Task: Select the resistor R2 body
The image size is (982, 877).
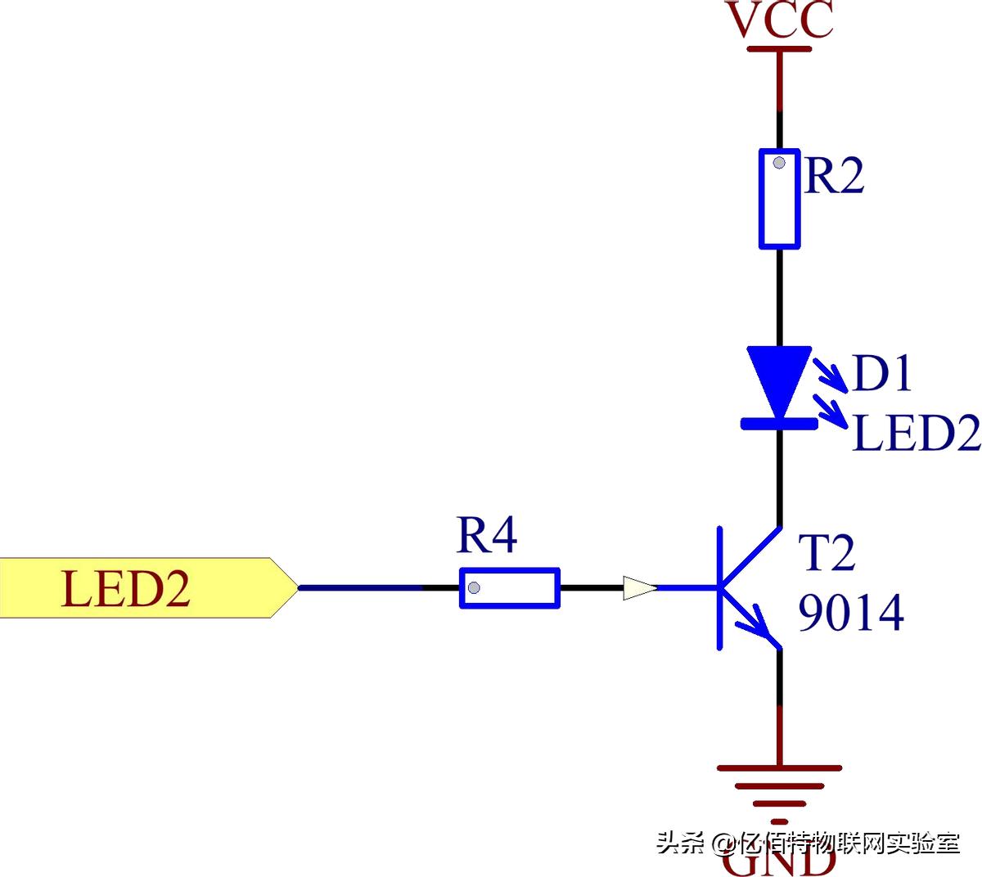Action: click(x=779, y=198)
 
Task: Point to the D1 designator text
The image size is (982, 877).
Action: click(x=882, y=373)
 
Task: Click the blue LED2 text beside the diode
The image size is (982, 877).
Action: click(x=916, y=433)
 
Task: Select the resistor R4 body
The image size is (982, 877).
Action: click(x=509, y=587)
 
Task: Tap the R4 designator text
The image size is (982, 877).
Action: click(x=487, y=536)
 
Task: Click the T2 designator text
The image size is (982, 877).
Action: click(x=827, y=554)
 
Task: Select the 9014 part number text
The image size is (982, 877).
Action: click(x=851, y=613)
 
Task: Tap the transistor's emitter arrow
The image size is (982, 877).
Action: click(x=757, y=626)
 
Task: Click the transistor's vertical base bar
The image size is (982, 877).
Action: click(x=720, y=587)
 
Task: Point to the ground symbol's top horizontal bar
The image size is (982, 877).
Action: click(x=779, y=768)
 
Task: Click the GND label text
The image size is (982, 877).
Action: click(x=779, y=864)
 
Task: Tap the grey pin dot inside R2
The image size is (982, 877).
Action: click(x=779, y=163)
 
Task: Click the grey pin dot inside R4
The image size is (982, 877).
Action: click(x=474, y=587)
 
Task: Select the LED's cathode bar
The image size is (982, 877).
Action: click(x=779, y=423)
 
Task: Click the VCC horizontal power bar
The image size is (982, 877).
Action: click(x=779, y=49)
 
